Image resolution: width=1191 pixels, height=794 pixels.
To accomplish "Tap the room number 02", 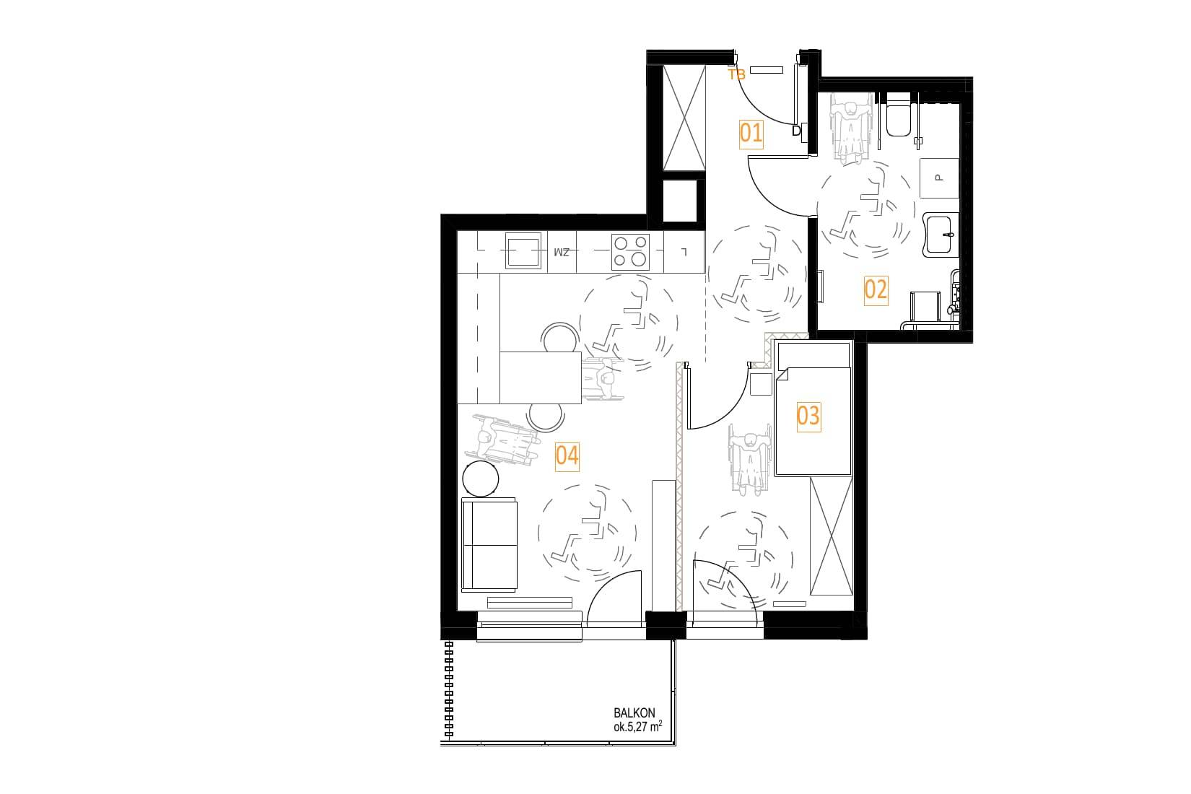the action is [x=876, y=289].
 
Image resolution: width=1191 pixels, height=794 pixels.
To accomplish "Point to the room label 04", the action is [x=567, y=455].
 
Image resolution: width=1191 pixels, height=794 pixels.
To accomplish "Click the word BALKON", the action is [x=634, y=712].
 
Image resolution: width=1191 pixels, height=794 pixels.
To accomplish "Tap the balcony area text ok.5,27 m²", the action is [x=637, y=726].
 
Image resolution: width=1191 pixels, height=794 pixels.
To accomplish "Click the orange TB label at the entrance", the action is [x=736, y=74].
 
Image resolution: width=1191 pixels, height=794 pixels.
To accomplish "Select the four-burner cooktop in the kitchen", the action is [x=630, y=251].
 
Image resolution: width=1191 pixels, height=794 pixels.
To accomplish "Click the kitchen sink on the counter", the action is [x=523, y=250].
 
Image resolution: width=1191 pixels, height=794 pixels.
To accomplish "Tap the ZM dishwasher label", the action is [x=562, y=251].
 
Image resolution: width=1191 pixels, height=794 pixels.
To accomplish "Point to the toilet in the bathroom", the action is [x=899, y=114].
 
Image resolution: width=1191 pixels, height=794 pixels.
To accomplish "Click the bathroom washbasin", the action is [x=941, y=235].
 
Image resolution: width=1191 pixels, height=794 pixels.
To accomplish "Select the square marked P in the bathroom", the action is [x=939, y=178].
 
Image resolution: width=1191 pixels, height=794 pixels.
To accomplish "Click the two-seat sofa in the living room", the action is [x=489, y=544].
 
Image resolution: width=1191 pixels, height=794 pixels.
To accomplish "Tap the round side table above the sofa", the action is [x=481, y=478].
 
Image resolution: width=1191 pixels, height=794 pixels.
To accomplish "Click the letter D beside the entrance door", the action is [x=796, y=131].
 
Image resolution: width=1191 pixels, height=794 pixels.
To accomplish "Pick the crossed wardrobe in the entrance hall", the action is [x=684, y=118].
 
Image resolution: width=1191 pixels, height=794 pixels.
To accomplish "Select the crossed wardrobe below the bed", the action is [x=831, y=536].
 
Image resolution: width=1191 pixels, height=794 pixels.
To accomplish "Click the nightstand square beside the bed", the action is [x=761, y=384].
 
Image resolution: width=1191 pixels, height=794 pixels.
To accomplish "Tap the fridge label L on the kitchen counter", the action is [x=685, y=251].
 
